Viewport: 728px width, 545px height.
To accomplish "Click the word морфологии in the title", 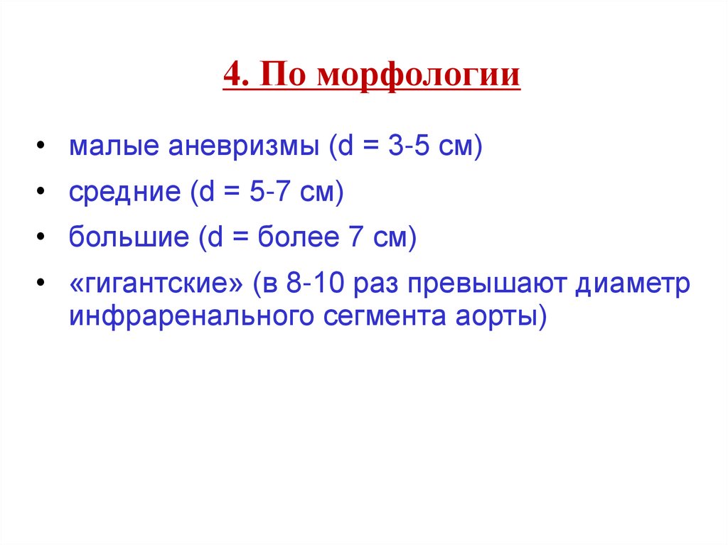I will [x=419, y=75].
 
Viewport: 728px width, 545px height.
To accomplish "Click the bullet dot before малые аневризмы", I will [x=43, y=149].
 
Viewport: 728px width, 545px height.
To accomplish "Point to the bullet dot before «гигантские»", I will [x=43, y=284].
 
